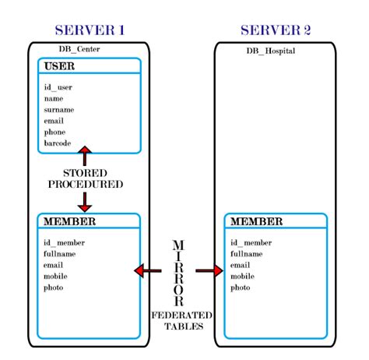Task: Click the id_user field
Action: click(x=58, y=87)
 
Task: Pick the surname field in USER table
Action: click(x=59, y=110)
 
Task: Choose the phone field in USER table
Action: click(x=56, y=132)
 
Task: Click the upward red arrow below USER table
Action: click(x=86, y=154)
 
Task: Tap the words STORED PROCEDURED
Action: click(x=86, y=178)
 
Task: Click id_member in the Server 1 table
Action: click(x=65, y=242)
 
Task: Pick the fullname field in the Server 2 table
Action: click(x=248, y=254)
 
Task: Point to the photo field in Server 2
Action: click(x=242, y=288)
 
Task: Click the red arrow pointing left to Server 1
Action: click(x=147, y=270)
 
